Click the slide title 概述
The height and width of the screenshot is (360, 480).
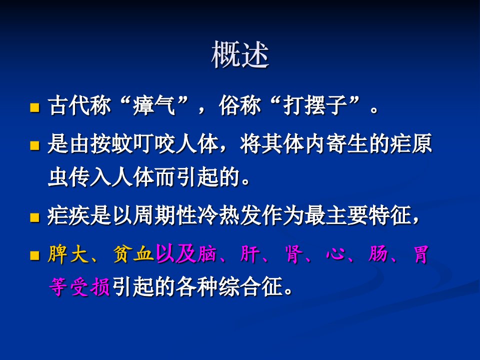240,54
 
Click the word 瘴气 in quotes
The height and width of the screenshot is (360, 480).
154,105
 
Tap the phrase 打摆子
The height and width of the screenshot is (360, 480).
315,105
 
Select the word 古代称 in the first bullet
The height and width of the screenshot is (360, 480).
79,105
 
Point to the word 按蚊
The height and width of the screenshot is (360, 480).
111,143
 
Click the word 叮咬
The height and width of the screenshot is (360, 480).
154,143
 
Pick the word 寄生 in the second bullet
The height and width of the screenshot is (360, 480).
347,143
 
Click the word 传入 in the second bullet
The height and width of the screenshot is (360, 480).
90,177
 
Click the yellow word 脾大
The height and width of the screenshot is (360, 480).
68,254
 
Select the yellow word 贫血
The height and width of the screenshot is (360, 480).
133,254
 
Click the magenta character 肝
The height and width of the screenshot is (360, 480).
250,254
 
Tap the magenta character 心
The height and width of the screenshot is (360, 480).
336,254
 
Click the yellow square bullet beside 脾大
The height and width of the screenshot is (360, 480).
34,255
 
